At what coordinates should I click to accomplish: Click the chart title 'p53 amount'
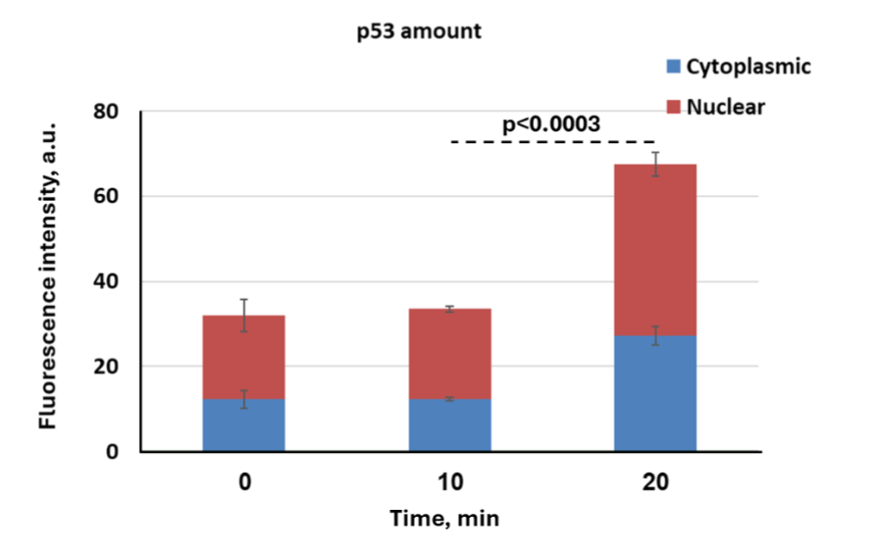point(419,31)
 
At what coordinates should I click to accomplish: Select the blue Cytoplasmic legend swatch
point(673,67)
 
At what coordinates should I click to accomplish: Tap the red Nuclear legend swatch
point(673,106)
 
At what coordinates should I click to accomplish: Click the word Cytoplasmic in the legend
point(748,67)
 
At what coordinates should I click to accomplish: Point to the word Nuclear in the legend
point(725,106)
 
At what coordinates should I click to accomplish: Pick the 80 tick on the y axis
point(105,112)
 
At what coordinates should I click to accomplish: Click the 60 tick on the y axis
point(105,197)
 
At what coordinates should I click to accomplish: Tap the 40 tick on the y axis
point(105,282)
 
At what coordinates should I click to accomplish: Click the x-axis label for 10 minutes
point(449,483)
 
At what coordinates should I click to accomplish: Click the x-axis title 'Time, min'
point(444,519)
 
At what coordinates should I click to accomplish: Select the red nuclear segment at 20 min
point(654,250)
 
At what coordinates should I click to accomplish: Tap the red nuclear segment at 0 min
point(243,358)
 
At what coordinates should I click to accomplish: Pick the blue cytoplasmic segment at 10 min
point(449,426)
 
